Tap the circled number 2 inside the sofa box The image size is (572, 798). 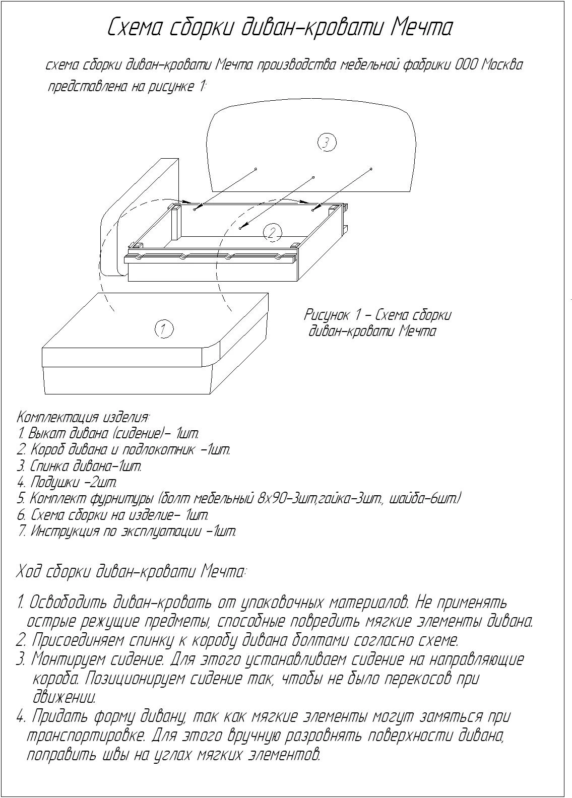click(272, 233)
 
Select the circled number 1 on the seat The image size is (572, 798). click(164, 329)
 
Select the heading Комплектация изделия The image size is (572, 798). click(83, 417)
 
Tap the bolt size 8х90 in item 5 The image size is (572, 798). click(271, 499)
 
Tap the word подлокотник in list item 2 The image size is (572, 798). click(159, 450)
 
